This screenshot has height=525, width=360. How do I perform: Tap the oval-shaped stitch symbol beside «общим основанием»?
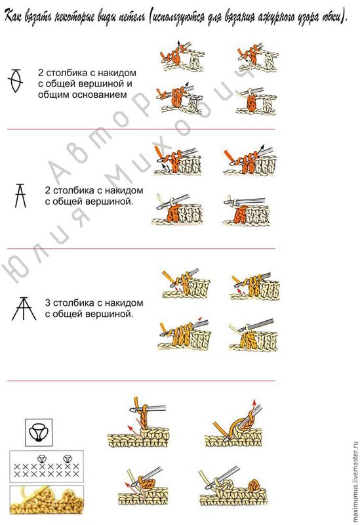[x=15, y=81]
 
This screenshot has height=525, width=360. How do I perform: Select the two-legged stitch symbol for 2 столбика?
[x=20, y=196]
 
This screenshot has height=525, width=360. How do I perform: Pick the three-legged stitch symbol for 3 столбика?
[x=24, y=308]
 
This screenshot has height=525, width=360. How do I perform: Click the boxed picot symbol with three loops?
[x=39, y=432]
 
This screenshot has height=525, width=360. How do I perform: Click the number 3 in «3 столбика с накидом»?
[x=48, y=303]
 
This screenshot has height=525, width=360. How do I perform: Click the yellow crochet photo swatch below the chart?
[x=47, y=499]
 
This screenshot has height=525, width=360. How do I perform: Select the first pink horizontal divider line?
[x=141, y=129]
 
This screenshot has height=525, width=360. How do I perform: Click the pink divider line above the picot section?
[x=141, y=381]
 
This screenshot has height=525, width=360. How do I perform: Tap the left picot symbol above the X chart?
[x=41, y=458]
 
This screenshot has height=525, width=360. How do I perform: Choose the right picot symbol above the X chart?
[x=67, y=458]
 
